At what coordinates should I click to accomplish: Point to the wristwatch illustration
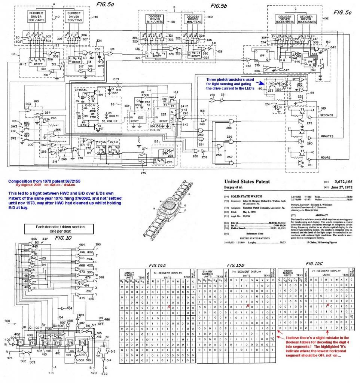(x=170, y=213)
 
